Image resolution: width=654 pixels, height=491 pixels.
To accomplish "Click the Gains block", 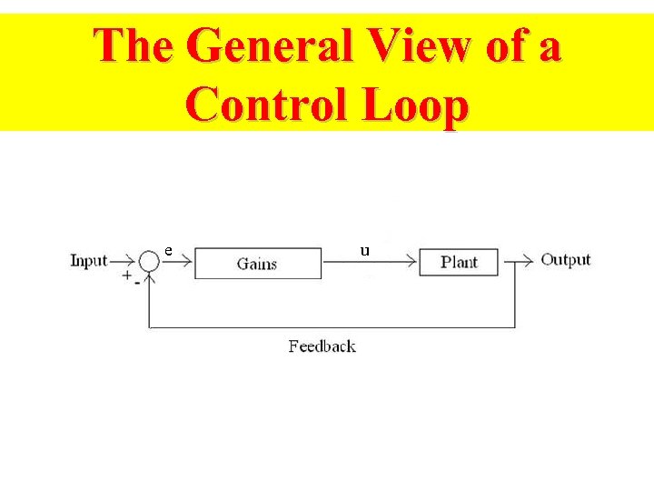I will coord(258,264).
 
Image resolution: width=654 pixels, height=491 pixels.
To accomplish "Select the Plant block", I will coord(459,262).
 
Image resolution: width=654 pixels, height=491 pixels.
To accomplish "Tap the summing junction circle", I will coord(149,261).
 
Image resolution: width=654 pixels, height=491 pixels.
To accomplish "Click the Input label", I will coord(89,261).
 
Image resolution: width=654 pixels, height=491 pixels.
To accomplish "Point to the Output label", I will coord(566,260).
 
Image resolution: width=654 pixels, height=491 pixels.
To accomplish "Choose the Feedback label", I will coord(322,346).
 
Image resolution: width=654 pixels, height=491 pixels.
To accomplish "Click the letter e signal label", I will coord(169,250).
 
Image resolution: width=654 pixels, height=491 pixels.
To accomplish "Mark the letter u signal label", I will coord(365,249).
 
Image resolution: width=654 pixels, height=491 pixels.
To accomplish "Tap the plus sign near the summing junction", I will coord(127,275).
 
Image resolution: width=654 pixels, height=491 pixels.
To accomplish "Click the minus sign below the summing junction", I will coord(136,283).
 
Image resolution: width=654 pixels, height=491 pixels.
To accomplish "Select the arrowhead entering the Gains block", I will coord(188,262).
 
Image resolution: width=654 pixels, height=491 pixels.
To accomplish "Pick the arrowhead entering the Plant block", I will coord(411,262).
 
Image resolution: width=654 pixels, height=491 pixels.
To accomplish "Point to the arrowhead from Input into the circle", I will coord(133,261).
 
